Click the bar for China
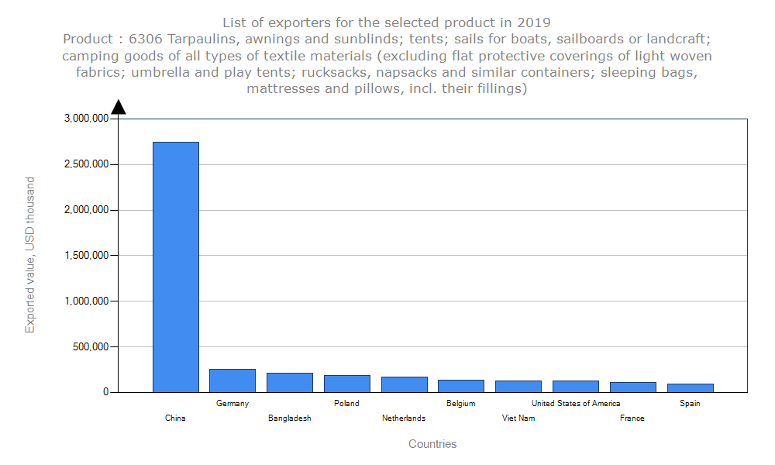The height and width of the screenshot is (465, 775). pyautogui.click(x=175, y=267)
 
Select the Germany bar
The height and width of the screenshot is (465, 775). pyautogui.click(x=232, y=381)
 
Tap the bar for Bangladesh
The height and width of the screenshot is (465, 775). pyautogui.click(x=290, y=382)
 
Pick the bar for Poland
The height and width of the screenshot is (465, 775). pyautogui.click(x=346, y=384)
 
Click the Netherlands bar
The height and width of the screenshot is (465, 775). pyautogui.click(x=404, y=384)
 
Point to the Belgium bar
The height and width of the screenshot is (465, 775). pyautogui.click(x=461, y=386)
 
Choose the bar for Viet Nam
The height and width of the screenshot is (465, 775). pyautogui.click(x=518, y=386)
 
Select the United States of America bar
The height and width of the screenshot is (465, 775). pyautogui.click(x=576, y=386)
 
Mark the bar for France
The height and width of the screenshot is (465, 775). pyautogui.click(x=632, y=387)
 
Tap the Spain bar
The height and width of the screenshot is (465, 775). pyautogui.click(x=690, y=387)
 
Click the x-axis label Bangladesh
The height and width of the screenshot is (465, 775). pyautogui.click(x=290, y=418)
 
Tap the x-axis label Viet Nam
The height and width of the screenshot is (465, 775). pyautogui.click(x=518, y=418)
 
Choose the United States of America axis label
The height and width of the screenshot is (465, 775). pyautogui.click(x=576, y=403)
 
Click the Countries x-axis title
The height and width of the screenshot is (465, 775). pyautogui.click(x=432, y=444)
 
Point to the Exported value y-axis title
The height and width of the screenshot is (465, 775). pyautogui.click(x=30, y=255)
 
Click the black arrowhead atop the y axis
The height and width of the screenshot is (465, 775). pyautogui.click(x=119, y=107)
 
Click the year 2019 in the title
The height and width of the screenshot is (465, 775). pyautogui.click(x=534, y=22)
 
